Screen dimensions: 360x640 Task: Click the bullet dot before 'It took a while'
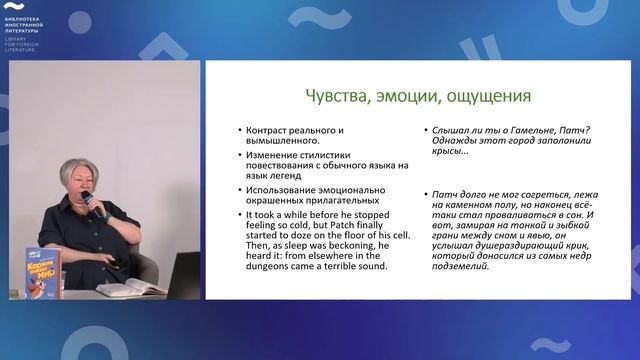[x=237, y=215]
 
